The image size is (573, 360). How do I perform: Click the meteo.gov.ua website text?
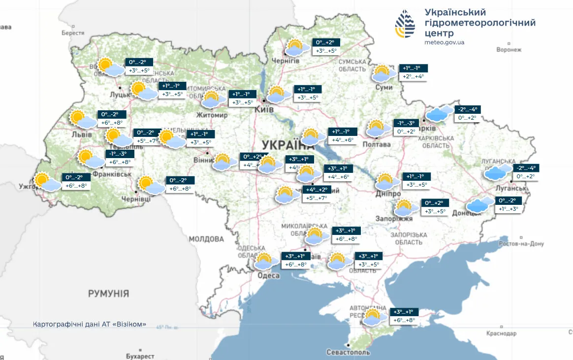(x=444, y=42)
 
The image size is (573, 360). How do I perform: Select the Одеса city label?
(x=269, y=276)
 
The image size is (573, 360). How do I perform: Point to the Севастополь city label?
(x=348, y=353)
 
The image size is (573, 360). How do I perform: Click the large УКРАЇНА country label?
(x=288, y=145)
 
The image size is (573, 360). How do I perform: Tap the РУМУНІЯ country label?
(x=108, y=294)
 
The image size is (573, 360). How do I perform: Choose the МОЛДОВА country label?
(x=206, y=239)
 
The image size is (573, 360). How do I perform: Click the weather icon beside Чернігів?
(x=297, y=47)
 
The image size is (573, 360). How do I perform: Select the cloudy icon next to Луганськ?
(x=498, y=172)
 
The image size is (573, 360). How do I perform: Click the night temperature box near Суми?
(x=414, y=68)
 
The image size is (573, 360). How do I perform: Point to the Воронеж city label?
(x=509, y=50)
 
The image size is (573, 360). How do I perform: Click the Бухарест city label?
(x=140, y=356)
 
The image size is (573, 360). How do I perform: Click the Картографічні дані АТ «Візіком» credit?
(x=90, y=325)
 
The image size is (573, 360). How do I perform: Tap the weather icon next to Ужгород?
(x=46, y=182)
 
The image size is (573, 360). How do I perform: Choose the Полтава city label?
(x=376, y=144)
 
